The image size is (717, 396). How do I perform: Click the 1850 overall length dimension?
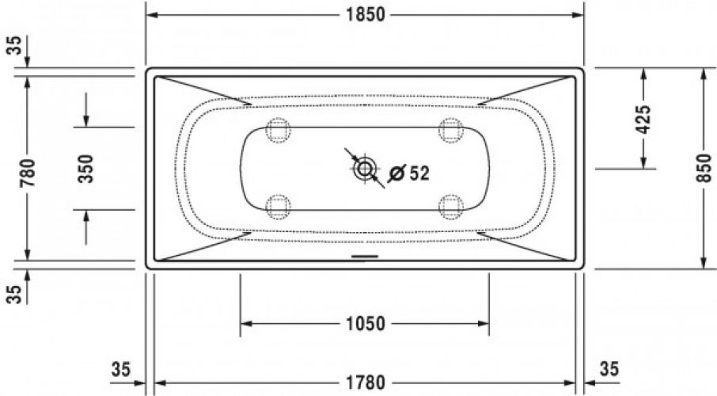pos(366,14)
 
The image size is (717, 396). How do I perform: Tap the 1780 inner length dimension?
pos(366,383)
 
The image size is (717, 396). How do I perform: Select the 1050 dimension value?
pos(366,324)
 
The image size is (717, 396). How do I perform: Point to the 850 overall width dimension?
pos(704,168)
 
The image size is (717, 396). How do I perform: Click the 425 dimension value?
pos(644,120)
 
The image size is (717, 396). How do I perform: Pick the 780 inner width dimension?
pos(28,173)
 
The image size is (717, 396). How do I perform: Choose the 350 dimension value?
pos(85,169)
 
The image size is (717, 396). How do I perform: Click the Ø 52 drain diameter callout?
pos(409,173)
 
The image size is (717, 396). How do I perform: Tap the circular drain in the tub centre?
pos(365,169)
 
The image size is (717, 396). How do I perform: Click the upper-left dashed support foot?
pos(278,131)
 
